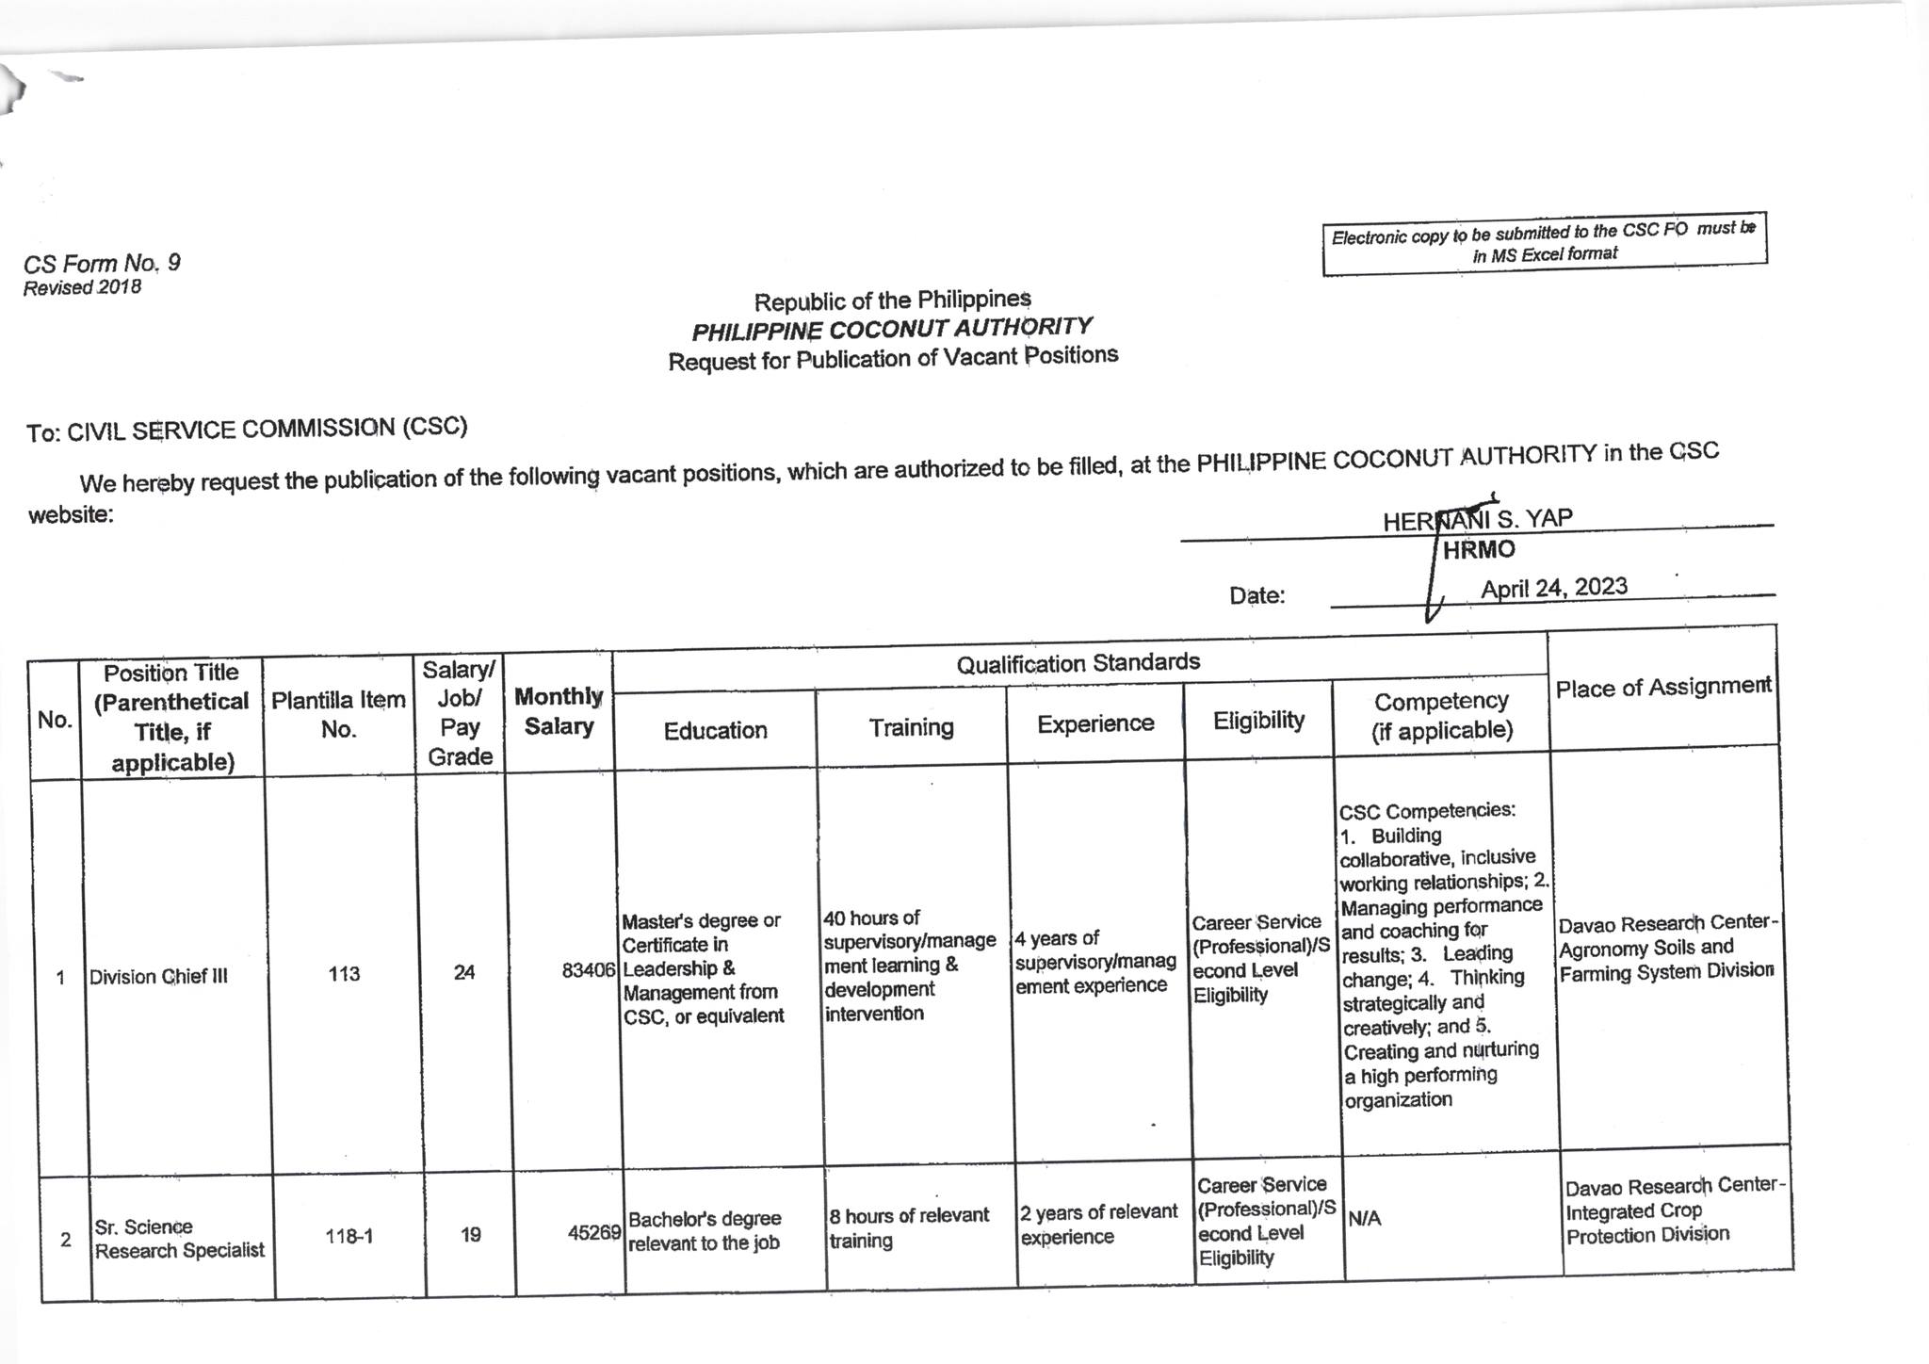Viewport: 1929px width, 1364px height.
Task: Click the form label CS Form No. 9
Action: tap(102, 264)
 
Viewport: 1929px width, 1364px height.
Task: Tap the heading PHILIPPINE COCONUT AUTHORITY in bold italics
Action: tap(892, 329)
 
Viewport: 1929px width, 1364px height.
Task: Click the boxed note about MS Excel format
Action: tap(1544, 243)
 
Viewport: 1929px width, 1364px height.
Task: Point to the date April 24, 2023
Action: tap(1553, 588)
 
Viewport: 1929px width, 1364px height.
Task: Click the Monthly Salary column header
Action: tap(559, 711)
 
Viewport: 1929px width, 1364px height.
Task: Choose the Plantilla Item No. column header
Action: tap(338, 715)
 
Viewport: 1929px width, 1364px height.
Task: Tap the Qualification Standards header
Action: tap(1078, 663)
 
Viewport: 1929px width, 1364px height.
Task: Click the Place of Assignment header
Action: tap(1662, 688)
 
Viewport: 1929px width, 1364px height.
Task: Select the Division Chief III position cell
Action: tap(158, 977)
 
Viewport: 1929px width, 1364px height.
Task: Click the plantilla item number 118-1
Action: tap(349, 1236)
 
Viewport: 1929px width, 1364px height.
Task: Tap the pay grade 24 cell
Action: tap(464, 972)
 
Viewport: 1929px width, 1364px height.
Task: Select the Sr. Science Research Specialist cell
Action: tap(179, 1239)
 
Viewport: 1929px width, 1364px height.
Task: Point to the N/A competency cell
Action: tap(1365, 1219)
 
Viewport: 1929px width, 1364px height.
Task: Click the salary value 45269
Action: tap(594, 1232)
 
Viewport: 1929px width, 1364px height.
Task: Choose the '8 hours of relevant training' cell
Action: tap(909, 1227)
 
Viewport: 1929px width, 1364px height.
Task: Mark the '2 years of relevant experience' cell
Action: tap(1098, 1224)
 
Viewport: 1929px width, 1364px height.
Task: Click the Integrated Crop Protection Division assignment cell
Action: tap(1675, 1210)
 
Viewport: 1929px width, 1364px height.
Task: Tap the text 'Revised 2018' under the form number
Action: tap(83, 288)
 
